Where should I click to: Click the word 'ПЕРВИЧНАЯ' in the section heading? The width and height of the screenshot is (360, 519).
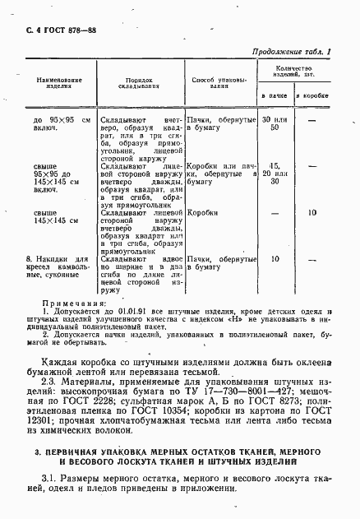click(76, 453)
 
